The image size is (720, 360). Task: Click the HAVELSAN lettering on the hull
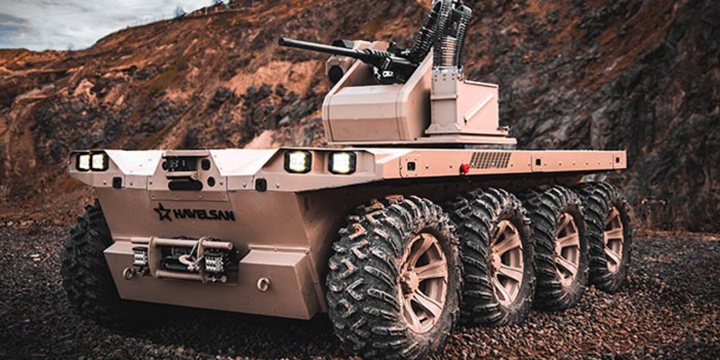pos(204,214)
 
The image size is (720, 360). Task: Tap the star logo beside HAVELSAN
pos(163,212)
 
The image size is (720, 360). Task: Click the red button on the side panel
pos(464,168)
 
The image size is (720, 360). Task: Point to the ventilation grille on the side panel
pos(490,160)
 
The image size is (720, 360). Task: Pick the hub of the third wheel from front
pos(567,249)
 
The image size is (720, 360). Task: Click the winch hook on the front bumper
pos(186,259)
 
